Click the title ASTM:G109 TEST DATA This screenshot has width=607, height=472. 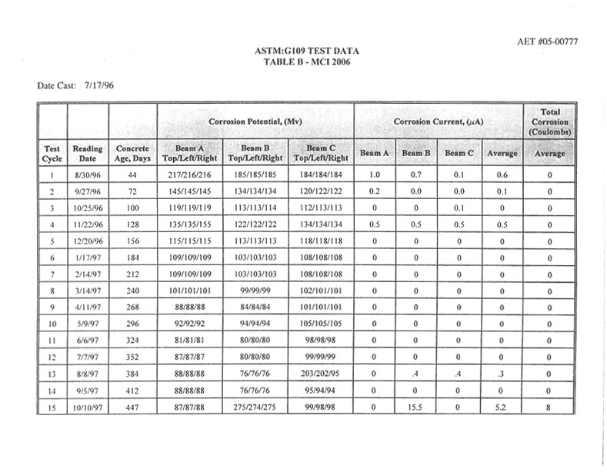[305, 51]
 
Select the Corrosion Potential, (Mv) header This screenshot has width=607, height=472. [255, 121]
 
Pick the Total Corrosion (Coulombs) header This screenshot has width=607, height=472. [549, 121]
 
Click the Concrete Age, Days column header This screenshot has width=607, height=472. [132, 153]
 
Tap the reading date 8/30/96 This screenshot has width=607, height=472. [88, 175]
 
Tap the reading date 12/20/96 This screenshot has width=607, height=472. [88, 242]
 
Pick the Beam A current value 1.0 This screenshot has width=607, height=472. [375, 175]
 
